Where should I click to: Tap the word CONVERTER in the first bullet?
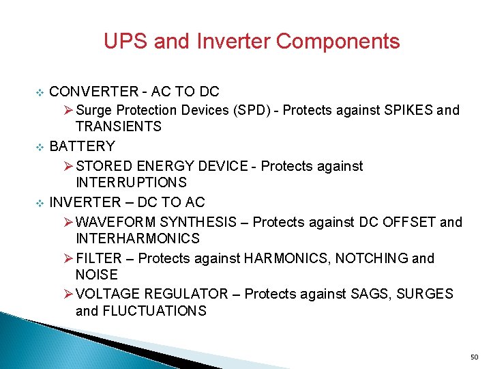click(93, 92)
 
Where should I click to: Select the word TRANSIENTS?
click(119, 126)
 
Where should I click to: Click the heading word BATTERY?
click(83, 146)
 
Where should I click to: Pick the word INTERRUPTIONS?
click(131, 182)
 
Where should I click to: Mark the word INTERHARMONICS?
click(138, 238)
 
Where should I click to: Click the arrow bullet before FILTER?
click(68, 258)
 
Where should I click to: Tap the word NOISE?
click(96, 275)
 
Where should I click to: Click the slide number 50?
click(475, 357)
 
